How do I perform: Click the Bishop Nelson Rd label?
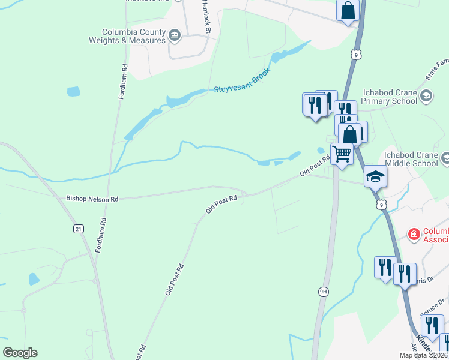(x=92, y=198)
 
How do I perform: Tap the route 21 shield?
(x=78, y=229)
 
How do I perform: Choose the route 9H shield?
(x=324, y=292)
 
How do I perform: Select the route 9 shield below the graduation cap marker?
(x=382, y=205)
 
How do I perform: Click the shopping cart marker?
(x=342, y=154)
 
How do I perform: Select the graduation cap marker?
(x=375, y=176)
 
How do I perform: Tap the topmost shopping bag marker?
(x=348, y=10)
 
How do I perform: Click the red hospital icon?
(x=413, y=234)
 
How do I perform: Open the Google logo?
(x=20, y=353)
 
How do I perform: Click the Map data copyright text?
(x=424, y=355)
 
